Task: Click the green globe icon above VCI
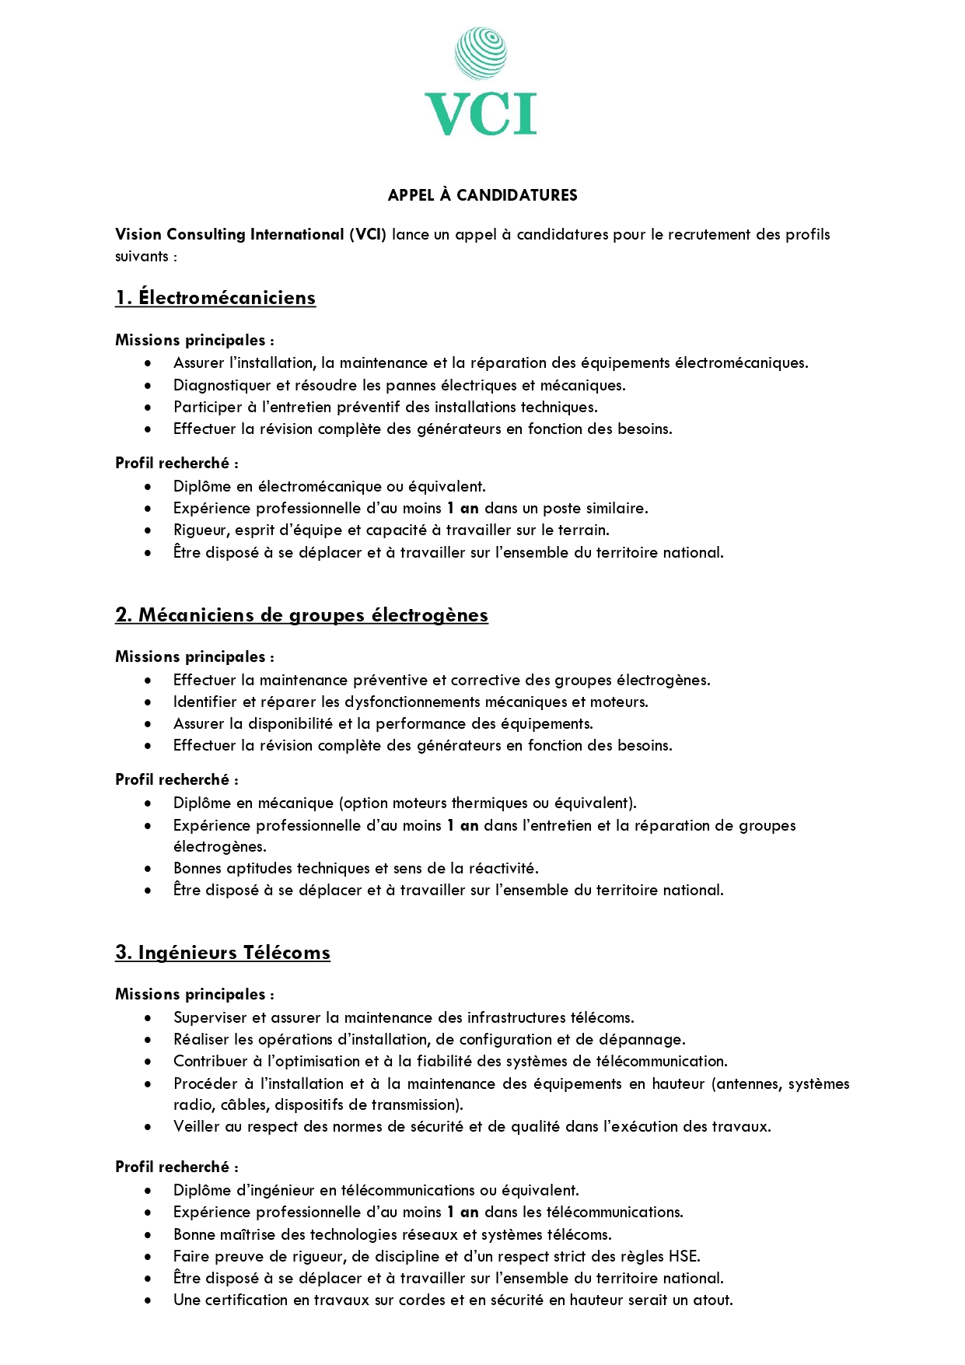tap(481, 54)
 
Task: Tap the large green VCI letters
tap(481, 114)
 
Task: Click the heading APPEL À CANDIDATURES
tap(482, 195)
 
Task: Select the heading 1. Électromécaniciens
tap(215, 298)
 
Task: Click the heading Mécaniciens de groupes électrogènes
tap(313, 615)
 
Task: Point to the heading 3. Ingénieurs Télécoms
tap(222, 953)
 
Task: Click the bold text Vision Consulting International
tap(229, 234)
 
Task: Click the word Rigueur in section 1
tap(201, 530)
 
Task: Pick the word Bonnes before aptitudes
tap(198, 868)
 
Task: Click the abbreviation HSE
tap(684, 1256)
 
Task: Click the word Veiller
tap(197, 1126)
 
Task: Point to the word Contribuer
tap(210, 1061)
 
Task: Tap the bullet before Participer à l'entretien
tap(148, 407)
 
